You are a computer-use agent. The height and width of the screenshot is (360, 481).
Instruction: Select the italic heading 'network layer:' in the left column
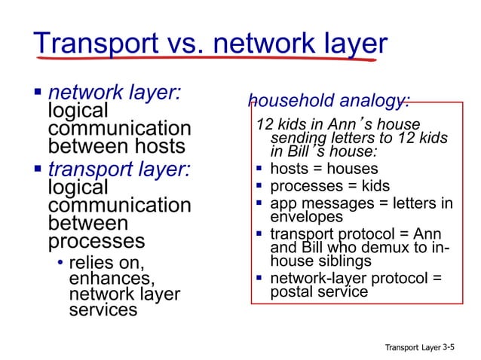(x=115, y=93)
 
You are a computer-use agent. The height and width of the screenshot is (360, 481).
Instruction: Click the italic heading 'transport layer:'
(x=119, y=169)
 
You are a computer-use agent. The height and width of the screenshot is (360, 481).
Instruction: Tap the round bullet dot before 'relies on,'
(x=60, y=263)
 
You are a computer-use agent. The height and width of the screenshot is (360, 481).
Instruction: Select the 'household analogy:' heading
(x=329, y=101)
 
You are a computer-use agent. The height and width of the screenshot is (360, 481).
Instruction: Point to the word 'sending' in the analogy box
(x=295, y=138)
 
